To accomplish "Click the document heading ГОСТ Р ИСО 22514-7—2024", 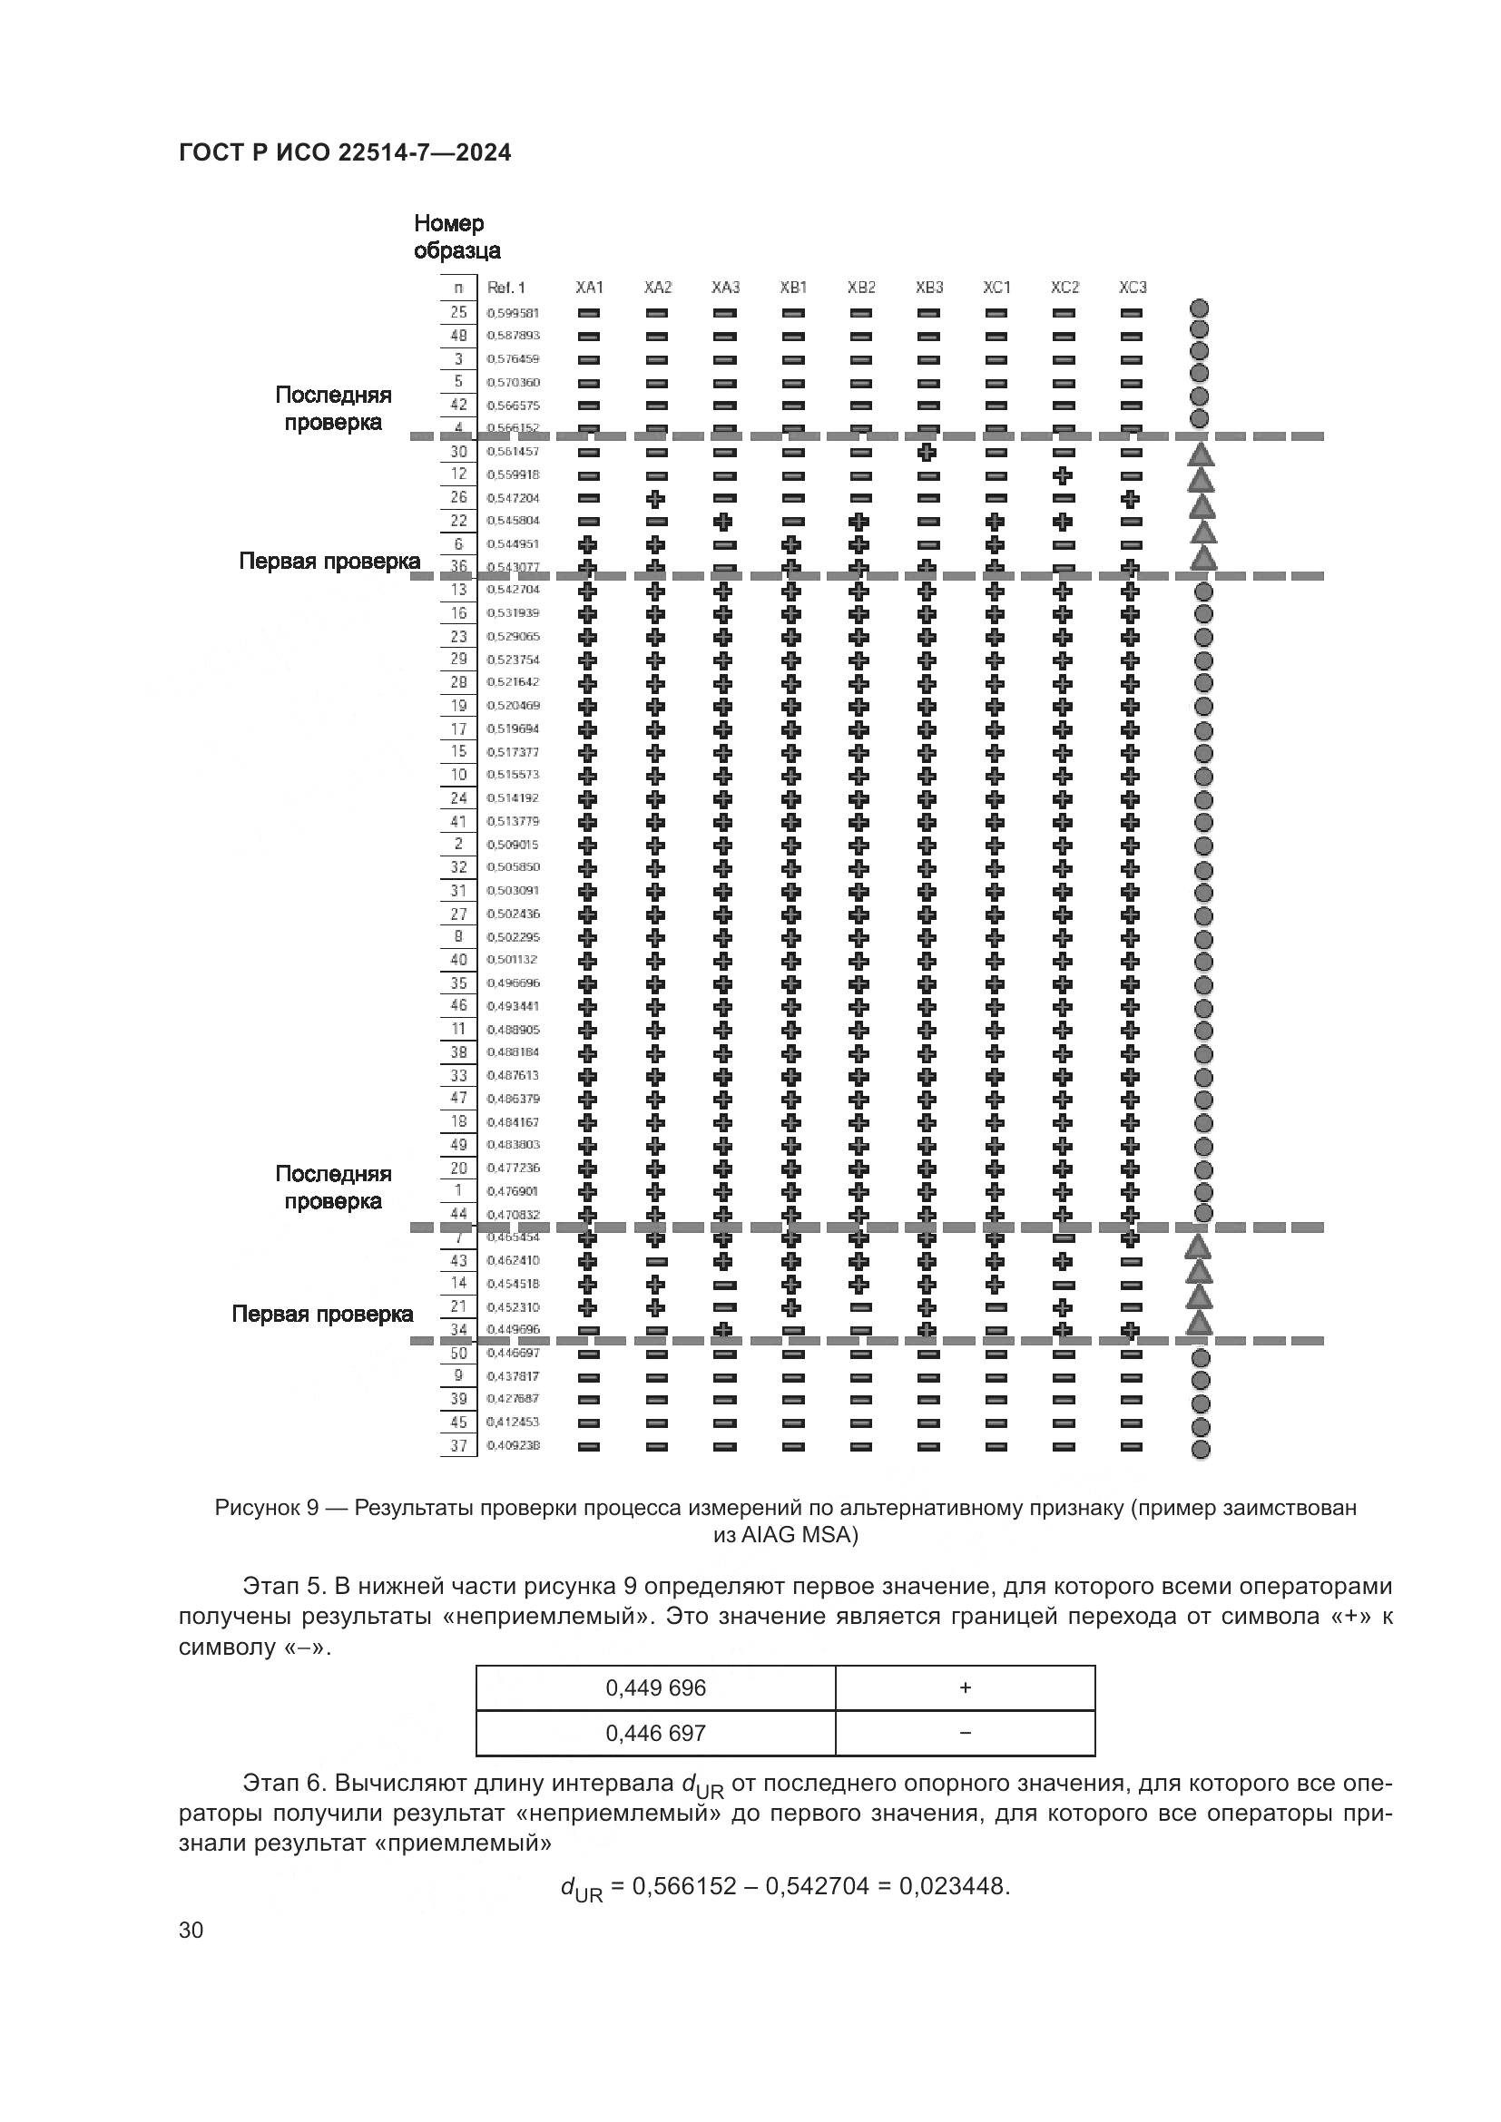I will [345, 152].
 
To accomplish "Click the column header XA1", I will [589, 288].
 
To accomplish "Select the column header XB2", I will [860, 288].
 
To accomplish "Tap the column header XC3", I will [1133, 288].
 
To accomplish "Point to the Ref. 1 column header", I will [505, 288].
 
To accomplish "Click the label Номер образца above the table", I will [456, 237].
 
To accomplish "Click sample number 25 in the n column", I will [458, 312].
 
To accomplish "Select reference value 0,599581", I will [513, 313].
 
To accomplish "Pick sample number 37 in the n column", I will [458, 1445].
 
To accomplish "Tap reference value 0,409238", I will [513, 1445].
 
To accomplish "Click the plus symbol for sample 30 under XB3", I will [928, 452].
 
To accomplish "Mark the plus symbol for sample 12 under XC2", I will [1064, 475].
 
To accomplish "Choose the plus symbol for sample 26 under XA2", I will [656, 498].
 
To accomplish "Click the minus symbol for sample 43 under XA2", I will [656, 1262].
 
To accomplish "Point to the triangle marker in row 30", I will [1201, 454].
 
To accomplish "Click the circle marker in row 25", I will [1200, 308].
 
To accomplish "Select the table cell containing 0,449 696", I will [655, 1687].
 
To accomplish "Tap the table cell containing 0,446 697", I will [655, 1733].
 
